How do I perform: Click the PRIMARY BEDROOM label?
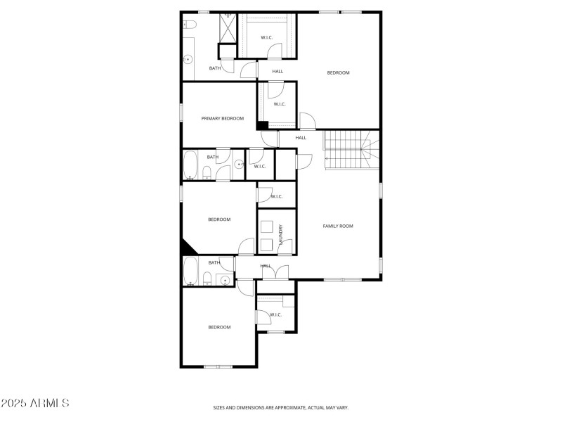coord(223,118)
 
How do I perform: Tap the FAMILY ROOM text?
coord(337,226)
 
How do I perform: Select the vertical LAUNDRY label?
coord(281,234)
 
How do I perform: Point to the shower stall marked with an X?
coord(228,28)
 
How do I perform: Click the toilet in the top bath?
coord(188,25)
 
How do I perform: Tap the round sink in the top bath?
coord(188,60)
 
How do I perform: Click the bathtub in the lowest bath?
coord(190,271)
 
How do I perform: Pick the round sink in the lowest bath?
coord(225,281)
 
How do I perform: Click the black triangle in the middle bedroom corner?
coord(188,248)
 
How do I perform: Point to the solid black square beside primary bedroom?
coord(262,126)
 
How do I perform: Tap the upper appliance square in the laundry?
coord(267,226)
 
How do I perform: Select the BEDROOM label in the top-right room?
coord(338,72)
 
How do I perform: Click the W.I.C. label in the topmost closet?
coord(267,37)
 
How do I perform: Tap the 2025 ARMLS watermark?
coord(35,404)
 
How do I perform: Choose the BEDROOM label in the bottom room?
coord(219,326)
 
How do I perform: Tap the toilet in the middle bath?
coord(207,173)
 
